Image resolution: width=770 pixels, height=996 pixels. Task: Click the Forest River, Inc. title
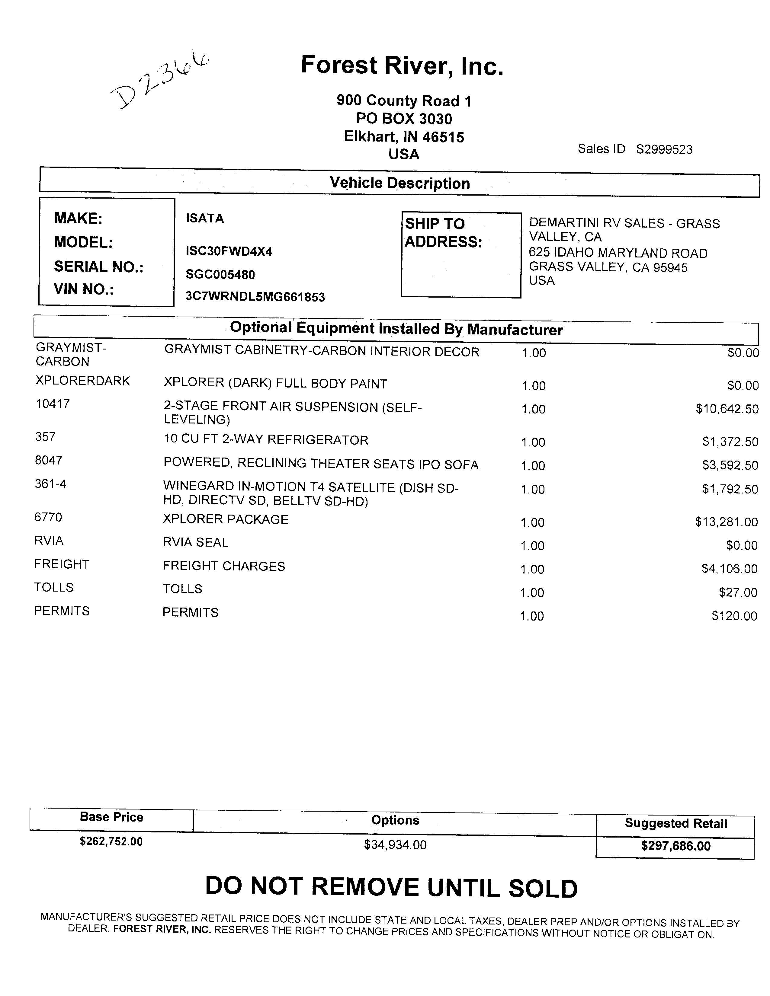point(402,66)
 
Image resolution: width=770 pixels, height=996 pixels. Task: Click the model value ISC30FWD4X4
point(229,251)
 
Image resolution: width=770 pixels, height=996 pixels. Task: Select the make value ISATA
point(205,219)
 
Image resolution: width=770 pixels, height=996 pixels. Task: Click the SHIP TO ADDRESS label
point(443,233)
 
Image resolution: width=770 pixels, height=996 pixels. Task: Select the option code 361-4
point(50,484)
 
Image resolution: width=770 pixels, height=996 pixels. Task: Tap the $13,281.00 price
point(726,522)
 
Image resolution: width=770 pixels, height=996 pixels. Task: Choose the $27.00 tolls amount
point(738,592)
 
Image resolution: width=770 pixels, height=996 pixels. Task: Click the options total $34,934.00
point(395,845)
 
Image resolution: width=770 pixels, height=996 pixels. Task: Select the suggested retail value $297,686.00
point(675,846)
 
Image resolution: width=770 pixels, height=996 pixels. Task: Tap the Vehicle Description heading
point(399,183)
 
